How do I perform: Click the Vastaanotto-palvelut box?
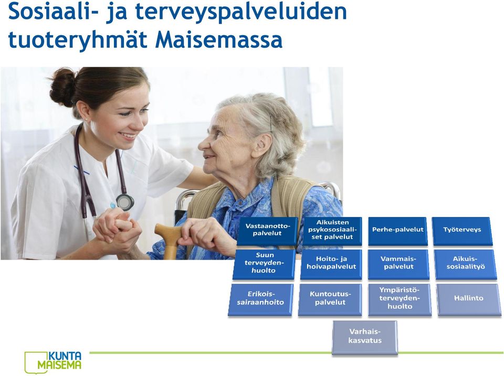[x=267, y=231]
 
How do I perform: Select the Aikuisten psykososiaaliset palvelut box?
[x=332, y=231]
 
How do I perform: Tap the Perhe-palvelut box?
[x=398, y=231]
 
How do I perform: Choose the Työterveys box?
[x=462, y=231]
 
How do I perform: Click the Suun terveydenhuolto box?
[x=264, y=264]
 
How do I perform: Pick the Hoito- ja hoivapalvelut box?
[x=331, y=264]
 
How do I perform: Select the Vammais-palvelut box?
[x=398, y=264]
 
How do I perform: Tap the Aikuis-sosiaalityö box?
[x=466, y=264]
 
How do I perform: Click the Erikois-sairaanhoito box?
[x=261, y=300]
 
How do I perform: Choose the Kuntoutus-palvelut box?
[x=330, y=300]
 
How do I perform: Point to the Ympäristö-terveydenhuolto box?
[x=400, y=300]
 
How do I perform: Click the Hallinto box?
[x=469, y=300]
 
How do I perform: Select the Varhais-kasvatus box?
[x=365, y=338]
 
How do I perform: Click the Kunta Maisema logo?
[x=53, y=362]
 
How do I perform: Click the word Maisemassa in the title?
[x=218, y=40]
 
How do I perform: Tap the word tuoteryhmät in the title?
[x=78, y=41]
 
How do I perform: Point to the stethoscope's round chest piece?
[x=124, y=202]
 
